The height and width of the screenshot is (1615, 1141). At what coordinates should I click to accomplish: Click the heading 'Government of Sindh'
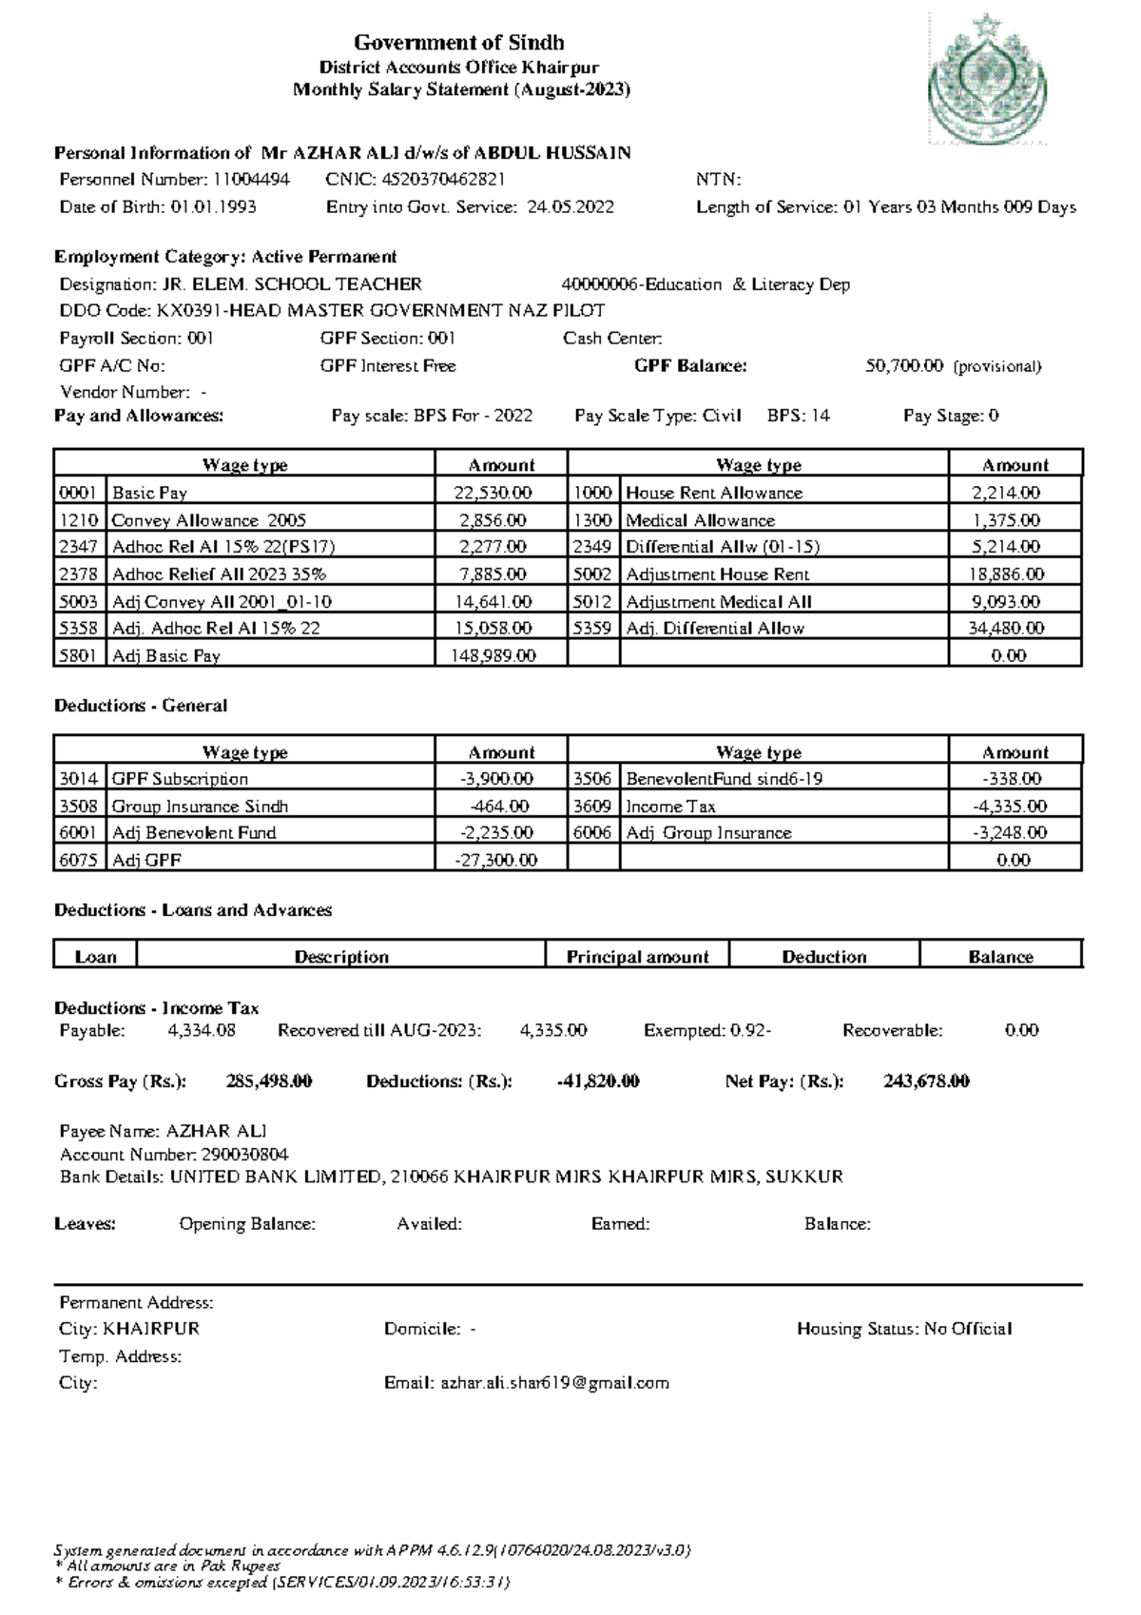[459, 43]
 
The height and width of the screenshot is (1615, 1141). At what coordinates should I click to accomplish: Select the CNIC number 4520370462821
[443, 180]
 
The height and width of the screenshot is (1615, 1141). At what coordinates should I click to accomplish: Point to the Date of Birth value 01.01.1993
[213, 207]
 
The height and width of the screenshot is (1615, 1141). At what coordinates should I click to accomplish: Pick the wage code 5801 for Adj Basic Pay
[79, 655]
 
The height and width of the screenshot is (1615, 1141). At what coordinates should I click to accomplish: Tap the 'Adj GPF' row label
[146, 860]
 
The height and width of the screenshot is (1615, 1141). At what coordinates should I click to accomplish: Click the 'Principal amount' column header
[637, 957]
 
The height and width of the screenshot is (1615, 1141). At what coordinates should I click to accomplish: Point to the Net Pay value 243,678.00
[926, 1081]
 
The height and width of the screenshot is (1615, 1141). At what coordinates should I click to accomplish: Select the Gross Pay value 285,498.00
[269, 1081]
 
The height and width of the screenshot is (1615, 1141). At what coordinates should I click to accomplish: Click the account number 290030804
[244, 1155]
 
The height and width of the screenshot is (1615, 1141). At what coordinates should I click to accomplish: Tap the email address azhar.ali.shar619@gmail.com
[554, 1383]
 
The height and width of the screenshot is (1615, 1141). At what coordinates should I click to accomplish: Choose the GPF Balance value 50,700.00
[904, 366]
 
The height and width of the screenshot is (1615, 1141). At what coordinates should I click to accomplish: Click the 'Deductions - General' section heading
[141, 706]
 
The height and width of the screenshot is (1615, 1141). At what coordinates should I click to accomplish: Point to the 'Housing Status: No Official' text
[903, 1329]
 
